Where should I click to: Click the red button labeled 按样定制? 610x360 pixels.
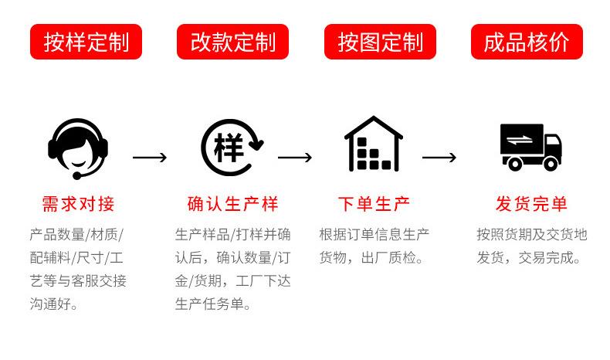(86, 42)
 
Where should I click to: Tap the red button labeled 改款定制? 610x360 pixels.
(232, 42)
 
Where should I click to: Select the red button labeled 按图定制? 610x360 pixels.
(380, 42)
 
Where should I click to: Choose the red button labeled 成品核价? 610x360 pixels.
(527, 42)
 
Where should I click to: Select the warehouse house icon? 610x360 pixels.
(374, 144)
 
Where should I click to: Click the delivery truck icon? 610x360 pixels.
(530, 147)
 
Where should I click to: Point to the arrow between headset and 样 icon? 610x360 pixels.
(150, 158)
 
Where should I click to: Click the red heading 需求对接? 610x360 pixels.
(78, 204)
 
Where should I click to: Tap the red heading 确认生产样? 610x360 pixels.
(232, 204)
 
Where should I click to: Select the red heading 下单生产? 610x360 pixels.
(374, 204)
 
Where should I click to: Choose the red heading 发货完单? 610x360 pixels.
(531, 204)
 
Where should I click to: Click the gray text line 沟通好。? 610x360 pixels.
(53, 304)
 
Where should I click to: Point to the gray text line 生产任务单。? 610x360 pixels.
(213, 304)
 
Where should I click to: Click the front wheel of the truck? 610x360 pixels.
(550, 163)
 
